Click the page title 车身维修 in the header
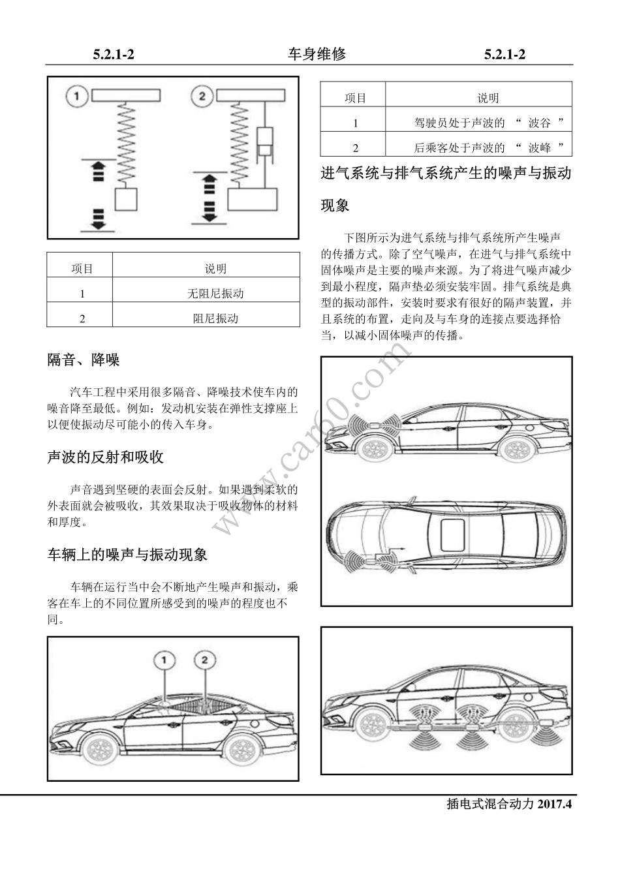[317, 55]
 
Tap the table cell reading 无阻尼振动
[215, 294]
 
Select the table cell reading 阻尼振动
[215, 318]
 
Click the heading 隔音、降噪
[84, 360]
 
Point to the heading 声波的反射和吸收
[105, 457]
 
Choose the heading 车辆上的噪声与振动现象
[127, 555]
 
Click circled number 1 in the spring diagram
[76, 97]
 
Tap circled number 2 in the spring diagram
[202, 97]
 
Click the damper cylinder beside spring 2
[266, 143]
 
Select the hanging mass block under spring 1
[126, 200]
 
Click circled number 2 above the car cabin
[205, 661]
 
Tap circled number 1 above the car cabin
[165, 661]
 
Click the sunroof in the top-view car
[452, 534]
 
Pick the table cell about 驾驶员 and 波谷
[488, 123]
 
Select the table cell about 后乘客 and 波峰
[488, 147]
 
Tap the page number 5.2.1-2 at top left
[114, 55]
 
